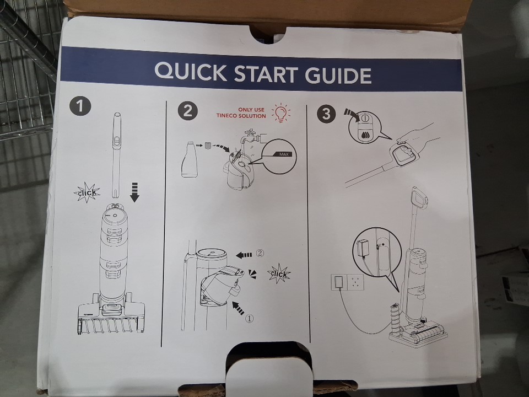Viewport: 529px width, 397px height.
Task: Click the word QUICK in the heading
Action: pyautogui.click(x=191, y=71)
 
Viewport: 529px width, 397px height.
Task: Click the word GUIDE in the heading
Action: pyautogui.click(x=338, y=76)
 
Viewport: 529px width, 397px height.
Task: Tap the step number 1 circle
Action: pyautogui.click(x=80, y=106)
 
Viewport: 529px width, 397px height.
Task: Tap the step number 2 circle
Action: pyautogui.click(x=188, y=111)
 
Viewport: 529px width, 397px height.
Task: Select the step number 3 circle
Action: pyautogui.click(x=326, y=114)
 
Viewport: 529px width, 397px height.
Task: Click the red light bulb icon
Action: pyautogui.click(x=280, y=112)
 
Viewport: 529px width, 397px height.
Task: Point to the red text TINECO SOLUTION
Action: pyautogui.click(x=241, y=116)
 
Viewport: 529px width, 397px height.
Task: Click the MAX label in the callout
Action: pyautogui.click(x=284, y=154)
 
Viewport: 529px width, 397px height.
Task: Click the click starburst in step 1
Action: pyautogui.click(x=87, y=193)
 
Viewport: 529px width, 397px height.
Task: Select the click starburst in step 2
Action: pyautogui.click(x=279, y=274)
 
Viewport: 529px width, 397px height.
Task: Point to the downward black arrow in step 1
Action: pyautogui.click(x=134, y=192)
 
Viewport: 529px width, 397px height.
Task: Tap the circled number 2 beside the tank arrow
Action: pyautogui.click(x=260, y=253)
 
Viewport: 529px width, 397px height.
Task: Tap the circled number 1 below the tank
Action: pyautogui.click(x=249, y=318)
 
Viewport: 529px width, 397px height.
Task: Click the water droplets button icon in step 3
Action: pyautogui.click(x=364, y=134)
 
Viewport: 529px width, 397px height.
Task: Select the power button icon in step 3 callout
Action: pyautogui.click(x=364, y=119)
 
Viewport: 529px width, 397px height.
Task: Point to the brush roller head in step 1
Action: pyautogui.click(x=111, y=319)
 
